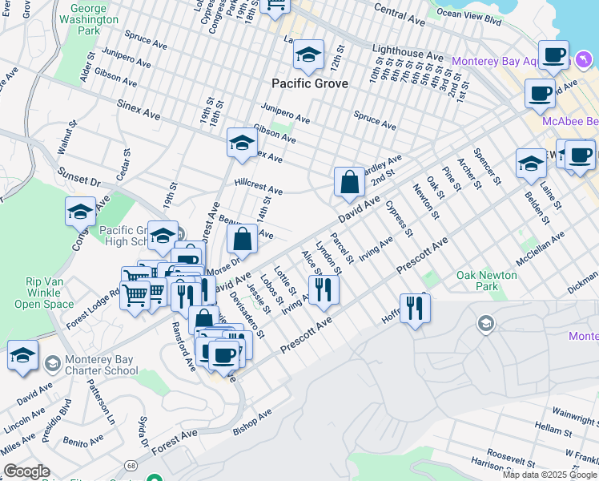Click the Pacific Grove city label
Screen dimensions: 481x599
pos(309,83)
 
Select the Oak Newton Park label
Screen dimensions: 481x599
pos(477,281)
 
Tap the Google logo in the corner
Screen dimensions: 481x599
pos(26,471)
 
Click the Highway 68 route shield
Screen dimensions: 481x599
pos(130,465)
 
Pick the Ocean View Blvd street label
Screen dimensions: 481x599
pos(469,14)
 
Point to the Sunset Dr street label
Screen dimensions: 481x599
pos(78,177)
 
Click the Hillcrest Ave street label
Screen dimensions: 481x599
pos(259,187)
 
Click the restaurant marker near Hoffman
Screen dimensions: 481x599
pos(415,308)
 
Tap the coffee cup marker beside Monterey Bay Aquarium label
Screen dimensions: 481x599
pos(553,56)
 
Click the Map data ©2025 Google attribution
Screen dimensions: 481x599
pos(550,475)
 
